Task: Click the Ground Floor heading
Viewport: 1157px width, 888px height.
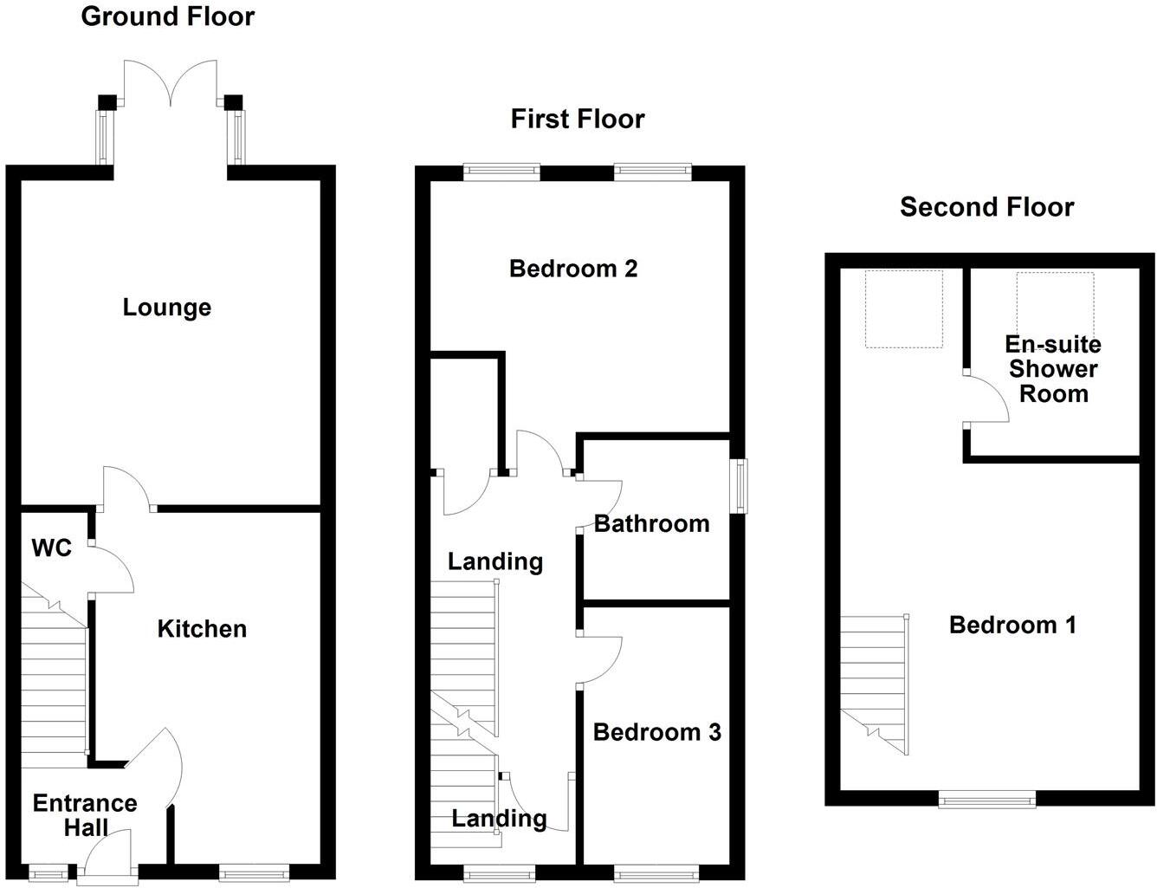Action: coord(168,16)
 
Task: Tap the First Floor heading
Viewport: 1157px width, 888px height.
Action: coord(578,119)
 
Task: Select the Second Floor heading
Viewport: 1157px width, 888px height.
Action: coord(986,207)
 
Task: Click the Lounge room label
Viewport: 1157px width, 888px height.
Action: coord(167,308)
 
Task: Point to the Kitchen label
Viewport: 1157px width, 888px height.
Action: coord(203,629)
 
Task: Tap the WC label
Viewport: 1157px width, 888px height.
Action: coord(52,548)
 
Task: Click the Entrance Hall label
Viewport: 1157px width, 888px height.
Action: coord(85,815)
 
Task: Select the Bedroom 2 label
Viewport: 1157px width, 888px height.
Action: coord(573,269)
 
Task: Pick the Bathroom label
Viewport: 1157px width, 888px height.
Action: coord(652,524)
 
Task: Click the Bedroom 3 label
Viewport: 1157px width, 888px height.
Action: coord(657,732)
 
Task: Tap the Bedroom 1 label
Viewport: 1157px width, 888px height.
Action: coord(1012,625)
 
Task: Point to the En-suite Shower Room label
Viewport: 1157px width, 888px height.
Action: coord(1053,369)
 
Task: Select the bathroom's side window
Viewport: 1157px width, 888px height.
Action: coord(740,486)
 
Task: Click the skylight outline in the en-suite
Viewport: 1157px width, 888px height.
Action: coord(1056,303)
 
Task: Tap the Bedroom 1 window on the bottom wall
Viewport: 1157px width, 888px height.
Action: coord(987,799)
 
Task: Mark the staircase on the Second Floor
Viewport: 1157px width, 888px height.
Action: coord(875,684)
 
